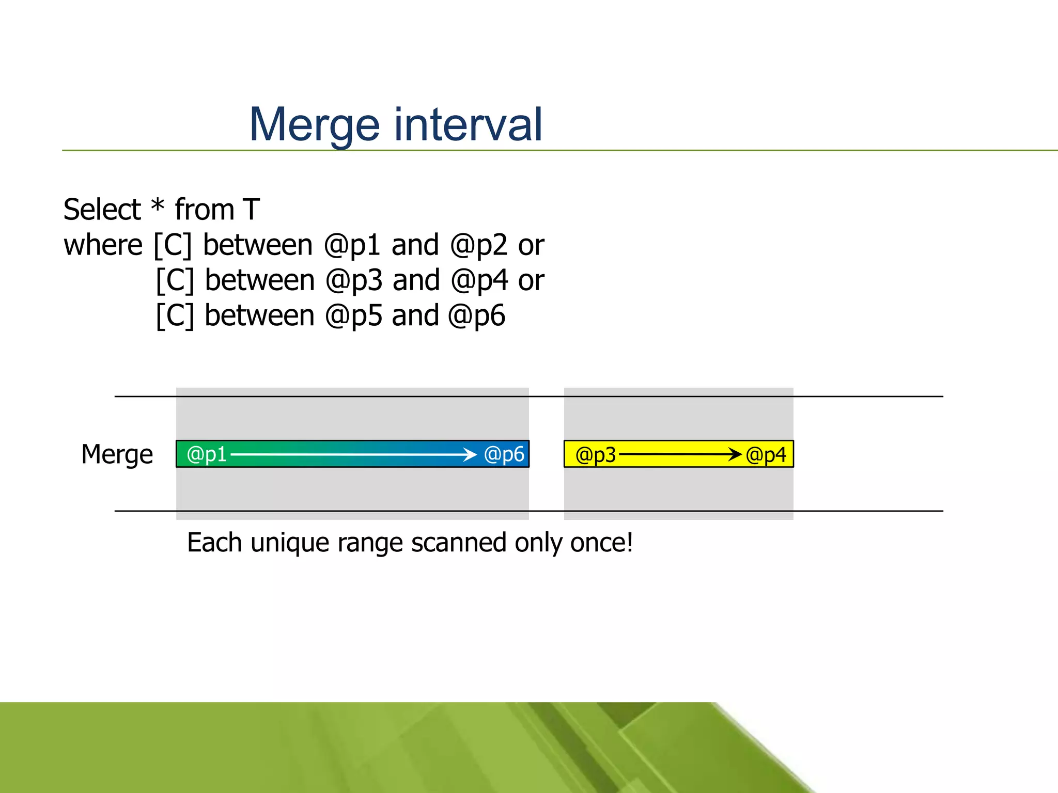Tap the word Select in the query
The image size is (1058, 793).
pos(102,210)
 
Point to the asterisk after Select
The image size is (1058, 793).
pos(158,207)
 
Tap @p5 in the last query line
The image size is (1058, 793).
pos(353,316)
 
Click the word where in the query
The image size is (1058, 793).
pos(103,245)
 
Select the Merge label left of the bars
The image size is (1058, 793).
pos(117,455)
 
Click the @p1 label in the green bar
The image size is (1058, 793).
pos(207,454)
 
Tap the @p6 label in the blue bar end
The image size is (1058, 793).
pos(504,454)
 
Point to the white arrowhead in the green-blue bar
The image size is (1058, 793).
pos(471,454)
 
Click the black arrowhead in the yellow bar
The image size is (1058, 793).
pos(736,455)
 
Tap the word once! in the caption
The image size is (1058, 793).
pos(601,543)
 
